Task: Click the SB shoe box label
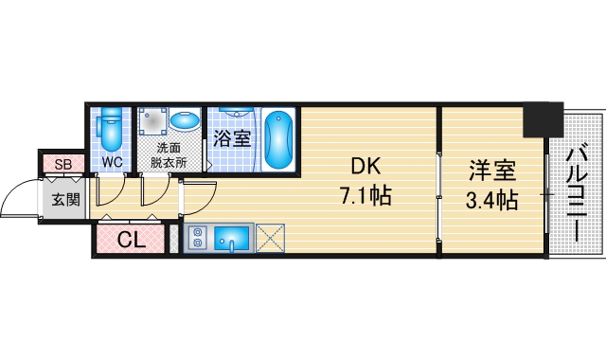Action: (x=63, y=165)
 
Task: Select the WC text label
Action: (x=113, y=162)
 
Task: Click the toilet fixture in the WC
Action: (x=113, y=132)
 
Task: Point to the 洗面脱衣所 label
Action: (x=169, y=154)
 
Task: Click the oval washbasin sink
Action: (x=183, y=121)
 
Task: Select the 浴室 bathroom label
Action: (x=231, y=139)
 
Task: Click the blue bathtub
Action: (x=278, y=140)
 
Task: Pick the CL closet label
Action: (x=132, y=241)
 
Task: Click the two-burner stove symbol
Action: (x=198, y=238)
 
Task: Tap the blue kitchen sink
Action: (x=233, y=238)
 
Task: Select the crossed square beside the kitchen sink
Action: (x=271, y=238)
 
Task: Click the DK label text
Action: (x=366, y=168)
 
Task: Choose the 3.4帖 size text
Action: (x=492, y=200)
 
